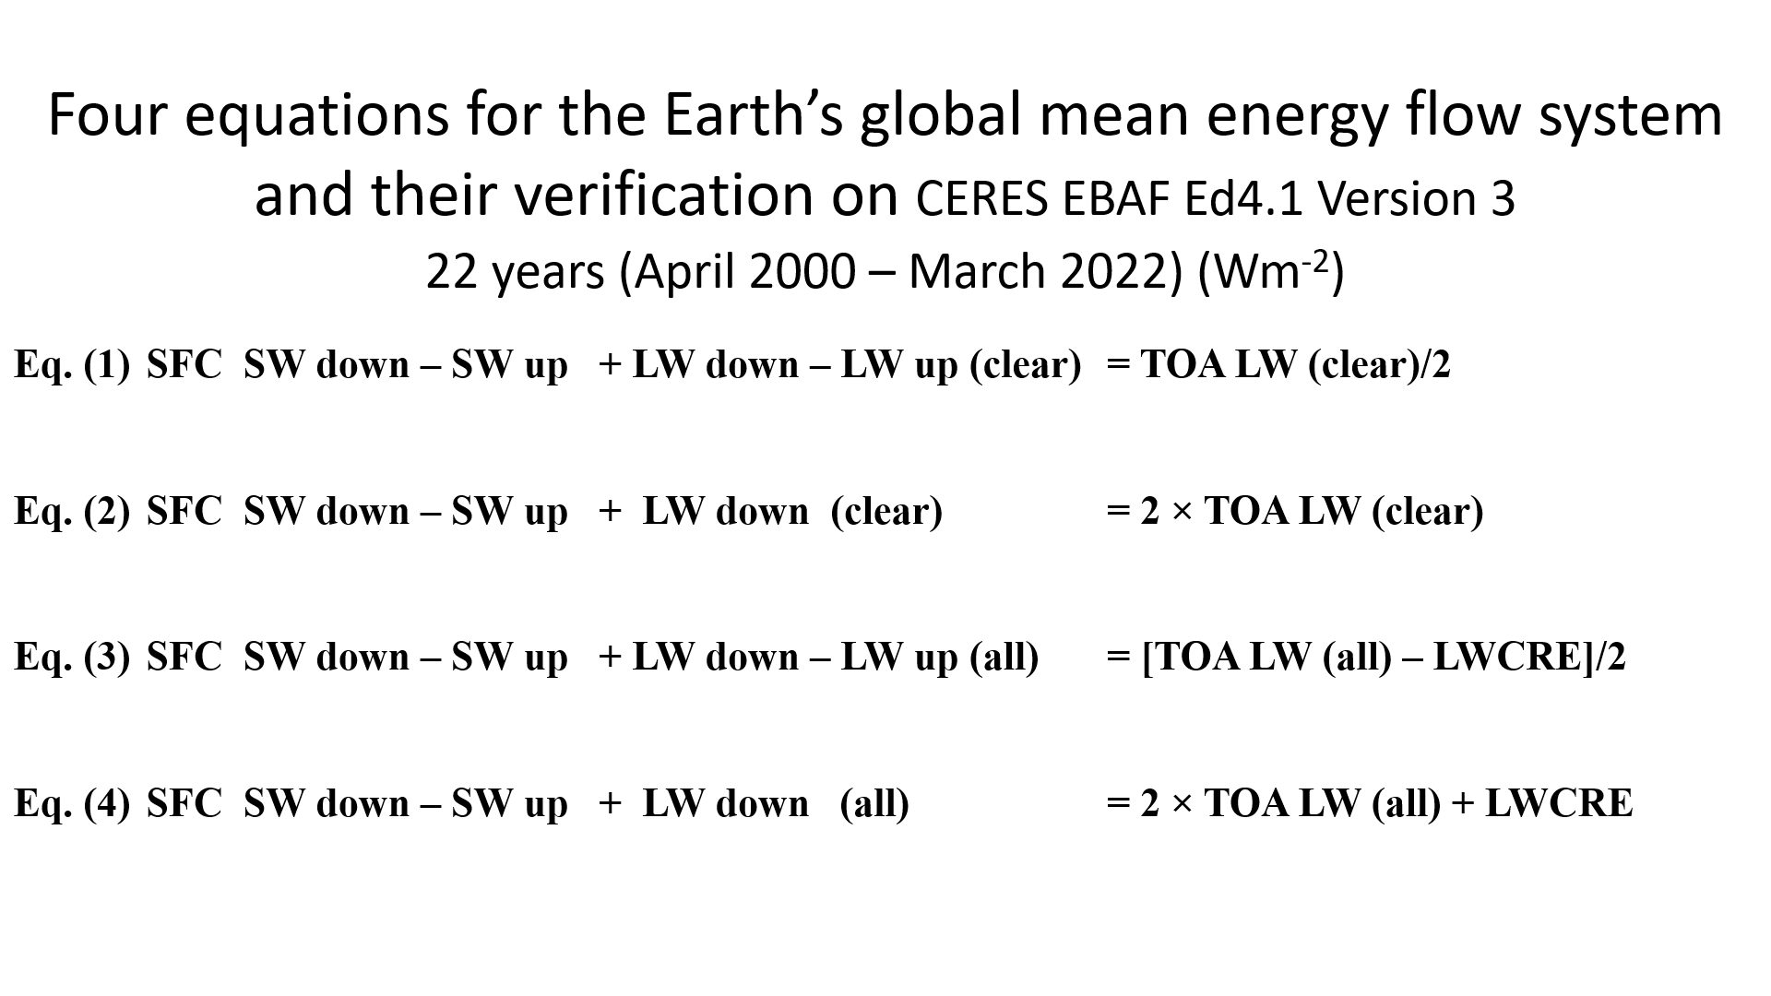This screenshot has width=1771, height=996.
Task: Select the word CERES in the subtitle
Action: point(982,199)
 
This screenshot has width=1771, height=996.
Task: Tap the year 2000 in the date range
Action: point(803,271)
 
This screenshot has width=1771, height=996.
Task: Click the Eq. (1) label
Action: point(72,366)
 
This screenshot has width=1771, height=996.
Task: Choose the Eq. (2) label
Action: point(72,512)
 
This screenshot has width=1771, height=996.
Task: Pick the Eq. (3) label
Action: point(72,658)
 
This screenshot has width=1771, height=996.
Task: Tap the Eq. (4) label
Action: point(72,804)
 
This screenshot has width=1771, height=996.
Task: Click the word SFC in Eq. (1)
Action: point(184,365)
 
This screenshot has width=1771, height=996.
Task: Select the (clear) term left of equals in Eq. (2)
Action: point(886,512)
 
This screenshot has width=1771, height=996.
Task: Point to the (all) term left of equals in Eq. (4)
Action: point(874,804)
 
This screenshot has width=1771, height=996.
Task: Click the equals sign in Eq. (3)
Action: point(1117,658)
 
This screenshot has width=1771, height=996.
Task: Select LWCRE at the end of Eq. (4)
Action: point(1559,803)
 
